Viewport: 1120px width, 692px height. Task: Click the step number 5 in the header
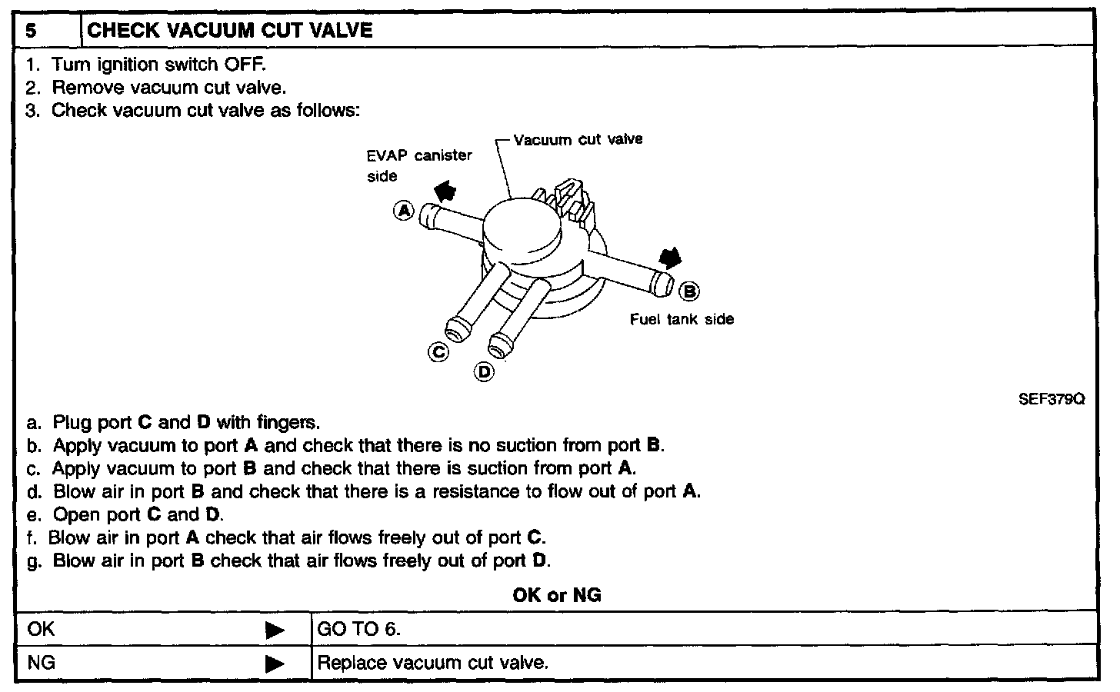coord(31,31)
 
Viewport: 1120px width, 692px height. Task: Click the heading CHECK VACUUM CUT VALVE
coord(230,31)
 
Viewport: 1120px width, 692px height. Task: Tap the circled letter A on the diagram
coord(404,210)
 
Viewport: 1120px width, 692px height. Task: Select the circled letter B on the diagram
coord(690,291)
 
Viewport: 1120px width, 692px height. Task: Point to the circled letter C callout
coord(438,352)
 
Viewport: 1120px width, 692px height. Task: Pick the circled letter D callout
coord(484,372)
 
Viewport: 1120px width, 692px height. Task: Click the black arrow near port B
coord(670,258)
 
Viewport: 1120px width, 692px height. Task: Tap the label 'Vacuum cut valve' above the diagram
coord(578,140)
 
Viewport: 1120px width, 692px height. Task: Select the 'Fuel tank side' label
coord(682,319)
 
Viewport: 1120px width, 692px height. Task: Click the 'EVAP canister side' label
coord(418,165)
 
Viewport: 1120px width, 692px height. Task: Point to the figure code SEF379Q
coord(1052,399)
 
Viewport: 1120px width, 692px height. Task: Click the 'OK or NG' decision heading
coord(556,595)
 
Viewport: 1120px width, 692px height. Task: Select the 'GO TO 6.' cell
coord(359,629)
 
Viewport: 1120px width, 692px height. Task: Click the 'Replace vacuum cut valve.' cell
coord(432,662)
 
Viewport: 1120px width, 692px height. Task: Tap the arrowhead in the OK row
coord(275,630)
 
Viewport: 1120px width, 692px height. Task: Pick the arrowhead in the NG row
coord(275,664)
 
